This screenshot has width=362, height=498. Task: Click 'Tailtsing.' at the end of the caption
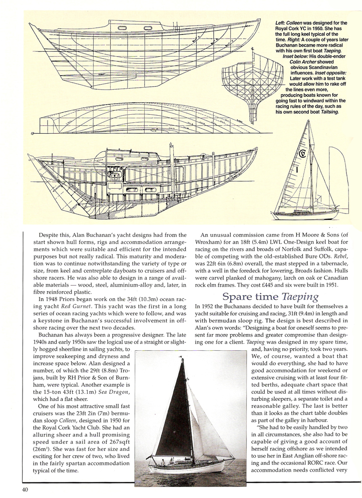point(326,112)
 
